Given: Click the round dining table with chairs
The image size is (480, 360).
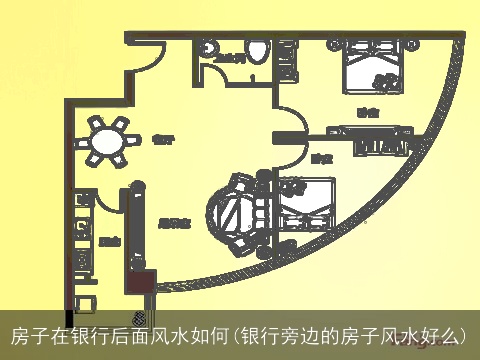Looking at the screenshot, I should tap(108, 142).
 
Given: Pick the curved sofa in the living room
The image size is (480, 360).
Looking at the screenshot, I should tap(237, 213).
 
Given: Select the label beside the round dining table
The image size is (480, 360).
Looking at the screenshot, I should tap(160, 140).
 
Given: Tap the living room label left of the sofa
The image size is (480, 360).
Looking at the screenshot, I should tap(175, 224).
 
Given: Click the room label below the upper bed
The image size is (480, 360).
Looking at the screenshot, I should tap(368, 112).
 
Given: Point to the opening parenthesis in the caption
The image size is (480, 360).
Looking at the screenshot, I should tap(236, 334).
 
